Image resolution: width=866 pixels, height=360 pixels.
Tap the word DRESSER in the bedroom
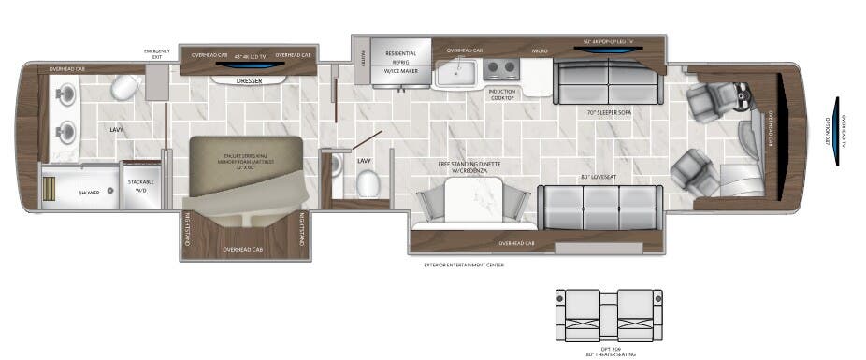coord(249,81)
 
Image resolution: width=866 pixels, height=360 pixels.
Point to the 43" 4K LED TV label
coord(249,55)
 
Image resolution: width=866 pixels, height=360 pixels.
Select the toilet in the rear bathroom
coord(124,88)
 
